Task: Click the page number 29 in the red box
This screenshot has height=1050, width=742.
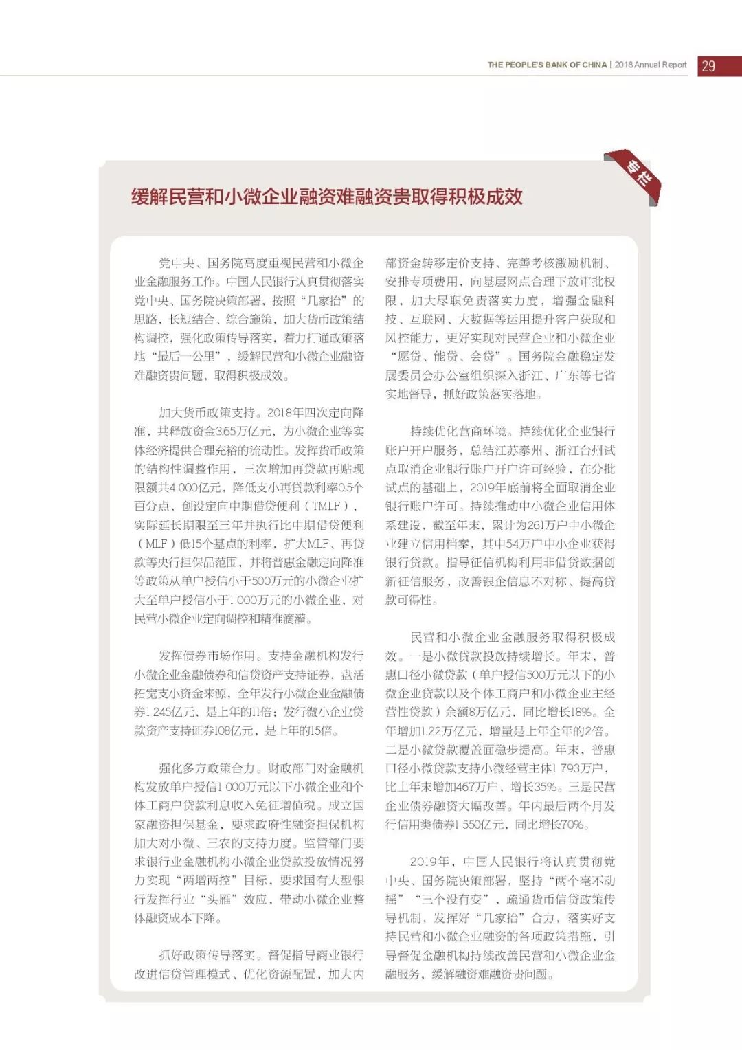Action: pos(708,66)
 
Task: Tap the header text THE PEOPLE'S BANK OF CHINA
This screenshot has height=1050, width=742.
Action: pos(547,65)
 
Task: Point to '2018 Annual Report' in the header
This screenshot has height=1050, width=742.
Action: pos(651,65)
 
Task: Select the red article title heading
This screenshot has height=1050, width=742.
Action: pos(327,197)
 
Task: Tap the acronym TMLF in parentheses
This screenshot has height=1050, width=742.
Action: pos(326,506)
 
